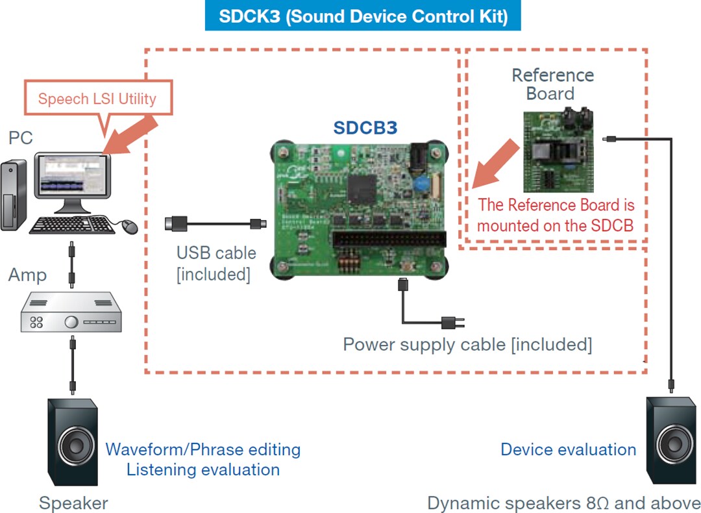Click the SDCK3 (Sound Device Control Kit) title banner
(363, 16)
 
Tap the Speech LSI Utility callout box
(97, 99)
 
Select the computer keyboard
(71, 225)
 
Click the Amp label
(27, 275)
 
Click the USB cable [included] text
(216, 263)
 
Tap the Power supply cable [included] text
(467, 344)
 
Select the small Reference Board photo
(558, 153)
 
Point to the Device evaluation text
(568, 449)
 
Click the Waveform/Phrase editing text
(203, 449)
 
